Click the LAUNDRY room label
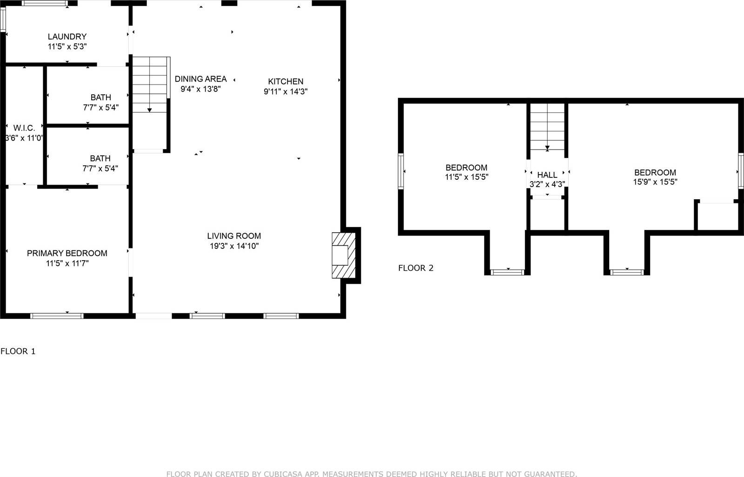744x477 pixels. coord(67,36)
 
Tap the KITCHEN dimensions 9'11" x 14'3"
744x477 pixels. coord(286,91)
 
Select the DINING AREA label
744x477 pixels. coord(200,79)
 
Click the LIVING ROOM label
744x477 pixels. coord(234,236)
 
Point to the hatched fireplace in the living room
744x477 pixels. coord(343,255)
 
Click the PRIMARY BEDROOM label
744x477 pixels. coord(67,253)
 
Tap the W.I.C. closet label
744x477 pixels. coord(24,128)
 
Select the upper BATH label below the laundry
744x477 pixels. coord(100,98)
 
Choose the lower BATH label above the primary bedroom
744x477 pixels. coord(100,158)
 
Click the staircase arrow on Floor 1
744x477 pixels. coord(150,110)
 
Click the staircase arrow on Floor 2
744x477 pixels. coord(547,148)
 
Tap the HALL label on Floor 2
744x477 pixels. coord(547,175)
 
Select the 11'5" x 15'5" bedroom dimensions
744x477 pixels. coord(466,177)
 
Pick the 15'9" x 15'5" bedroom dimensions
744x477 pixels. coord(655,182)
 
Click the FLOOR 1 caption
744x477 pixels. coord(18,351)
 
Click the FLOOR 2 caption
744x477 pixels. coord(416,268)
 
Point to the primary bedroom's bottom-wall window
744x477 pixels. coord(57,316)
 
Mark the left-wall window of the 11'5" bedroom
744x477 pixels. coord(400,171)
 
